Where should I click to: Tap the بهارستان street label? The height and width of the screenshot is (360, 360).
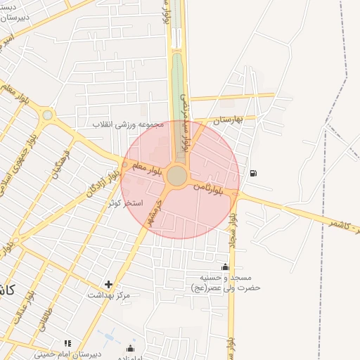229,119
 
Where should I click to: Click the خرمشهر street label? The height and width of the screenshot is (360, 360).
149,212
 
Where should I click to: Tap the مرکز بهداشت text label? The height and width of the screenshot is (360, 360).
109,295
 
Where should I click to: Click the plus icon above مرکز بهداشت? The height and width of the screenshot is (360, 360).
108,285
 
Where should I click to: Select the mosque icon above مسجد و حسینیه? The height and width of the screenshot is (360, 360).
225,266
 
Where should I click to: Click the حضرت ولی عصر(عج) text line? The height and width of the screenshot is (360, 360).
226,288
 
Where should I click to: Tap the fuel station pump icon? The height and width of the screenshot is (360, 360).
253,173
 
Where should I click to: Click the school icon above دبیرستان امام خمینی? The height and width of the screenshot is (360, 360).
67,343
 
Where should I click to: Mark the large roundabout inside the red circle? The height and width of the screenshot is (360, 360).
177,176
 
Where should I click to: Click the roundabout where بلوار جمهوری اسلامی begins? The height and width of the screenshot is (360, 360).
47,115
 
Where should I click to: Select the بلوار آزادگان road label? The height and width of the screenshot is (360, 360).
101,181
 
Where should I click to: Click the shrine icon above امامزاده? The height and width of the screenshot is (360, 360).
130,348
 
